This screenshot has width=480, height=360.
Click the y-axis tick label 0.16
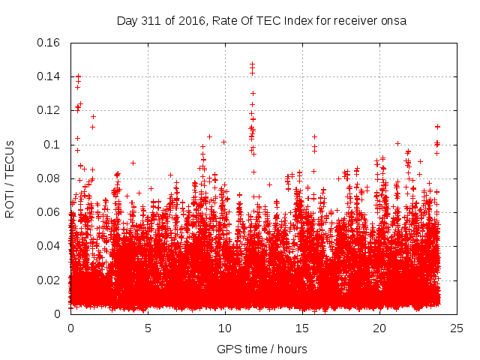click(x=50, y=42)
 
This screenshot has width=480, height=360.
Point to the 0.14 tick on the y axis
click(x=50, y=76)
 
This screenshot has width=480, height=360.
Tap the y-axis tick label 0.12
click(x=50, y=110)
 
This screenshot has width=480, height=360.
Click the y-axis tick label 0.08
click(x=50, y=178)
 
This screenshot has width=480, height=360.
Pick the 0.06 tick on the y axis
click(x=50, y=212)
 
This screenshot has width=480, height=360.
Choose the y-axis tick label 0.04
click(x=50, y=246)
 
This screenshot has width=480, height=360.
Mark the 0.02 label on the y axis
click(x=50, y=280)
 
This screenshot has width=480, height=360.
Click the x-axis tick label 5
click(x=148, y=328)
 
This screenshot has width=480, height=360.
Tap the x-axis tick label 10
click(x=224, y=328)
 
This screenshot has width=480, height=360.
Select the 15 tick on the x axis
click(x=301, y=328)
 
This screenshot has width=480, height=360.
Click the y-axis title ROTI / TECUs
click(x=10, y=178)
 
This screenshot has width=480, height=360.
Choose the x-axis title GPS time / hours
click(x=262, y=349)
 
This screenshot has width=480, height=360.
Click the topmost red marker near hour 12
click(x=252, y=64)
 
